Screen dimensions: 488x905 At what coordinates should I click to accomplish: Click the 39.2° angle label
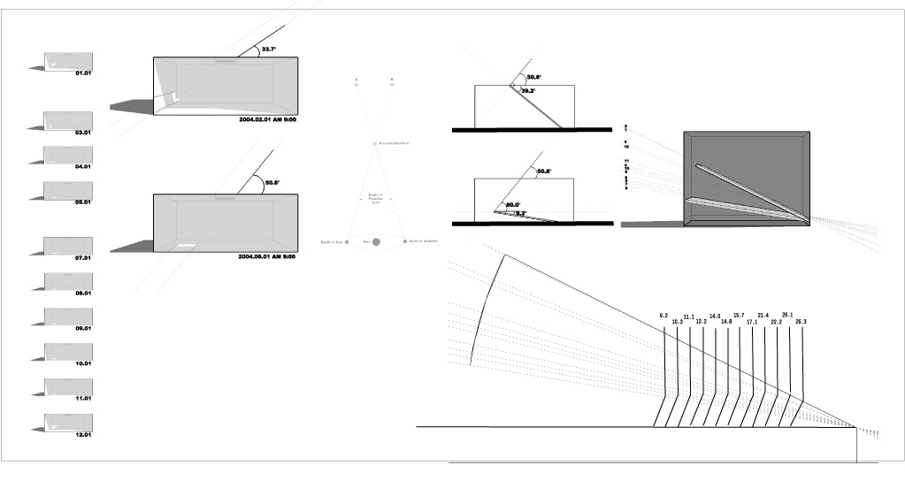click(528, 91)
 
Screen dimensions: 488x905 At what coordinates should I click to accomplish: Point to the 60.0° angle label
click(513, 205)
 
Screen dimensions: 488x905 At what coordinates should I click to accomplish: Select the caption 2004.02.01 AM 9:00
click(267, 118)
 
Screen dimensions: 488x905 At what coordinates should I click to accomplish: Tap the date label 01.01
click(84, 72)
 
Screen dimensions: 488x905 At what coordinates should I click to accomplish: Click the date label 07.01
click(84, 258)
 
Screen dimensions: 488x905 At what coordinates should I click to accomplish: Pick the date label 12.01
click(84, 434)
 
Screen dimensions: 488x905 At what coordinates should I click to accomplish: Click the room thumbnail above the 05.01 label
click(68, 190)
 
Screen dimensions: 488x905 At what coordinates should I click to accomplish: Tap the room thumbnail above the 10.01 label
click(68, 351)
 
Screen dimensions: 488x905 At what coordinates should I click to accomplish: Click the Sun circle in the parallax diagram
click(376, 241)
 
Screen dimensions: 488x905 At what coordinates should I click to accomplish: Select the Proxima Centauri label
click(394, 143)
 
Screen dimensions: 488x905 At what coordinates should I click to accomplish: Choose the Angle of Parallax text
click(375, 199)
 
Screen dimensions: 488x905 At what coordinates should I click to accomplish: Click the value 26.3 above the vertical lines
click(801, 322)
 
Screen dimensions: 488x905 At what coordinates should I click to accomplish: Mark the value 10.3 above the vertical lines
click(677, 322)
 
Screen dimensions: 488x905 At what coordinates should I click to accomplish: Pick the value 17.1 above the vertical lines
click(751, 322)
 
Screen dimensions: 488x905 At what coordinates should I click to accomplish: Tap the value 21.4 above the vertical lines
click(763, 316)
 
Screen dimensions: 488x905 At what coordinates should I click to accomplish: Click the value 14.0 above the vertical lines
click(714, 316)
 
